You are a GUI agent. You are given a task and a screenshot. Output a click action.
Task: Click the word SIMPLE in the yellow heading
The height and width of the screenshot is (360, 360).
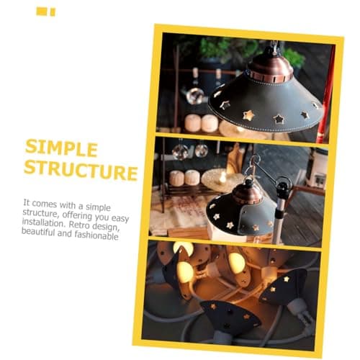click(61, 148)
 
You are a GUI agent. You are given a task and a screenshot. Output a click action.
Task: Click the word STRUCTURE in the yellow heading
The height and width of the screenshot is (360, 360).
click(81, 169)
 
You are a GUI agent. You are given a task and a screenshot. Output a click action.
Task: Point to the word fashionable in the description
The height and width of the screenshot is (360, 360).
click(96, 235)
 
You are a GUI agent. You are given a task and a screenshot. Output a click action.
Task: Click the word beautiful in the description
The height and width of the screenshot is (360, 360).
click(38, 232)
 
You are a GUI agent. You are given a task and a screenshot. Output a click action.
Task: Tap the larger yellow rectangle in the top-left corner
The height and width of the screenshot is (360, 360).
click(41, 12)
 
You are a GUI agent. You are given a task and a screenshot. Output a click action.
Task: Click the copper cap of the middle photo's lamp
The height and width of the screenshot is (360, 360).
click(248, 194)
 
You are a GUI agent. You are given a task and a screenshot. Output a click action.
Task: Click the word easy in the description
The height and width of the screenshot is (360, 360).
click(120, 218)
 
